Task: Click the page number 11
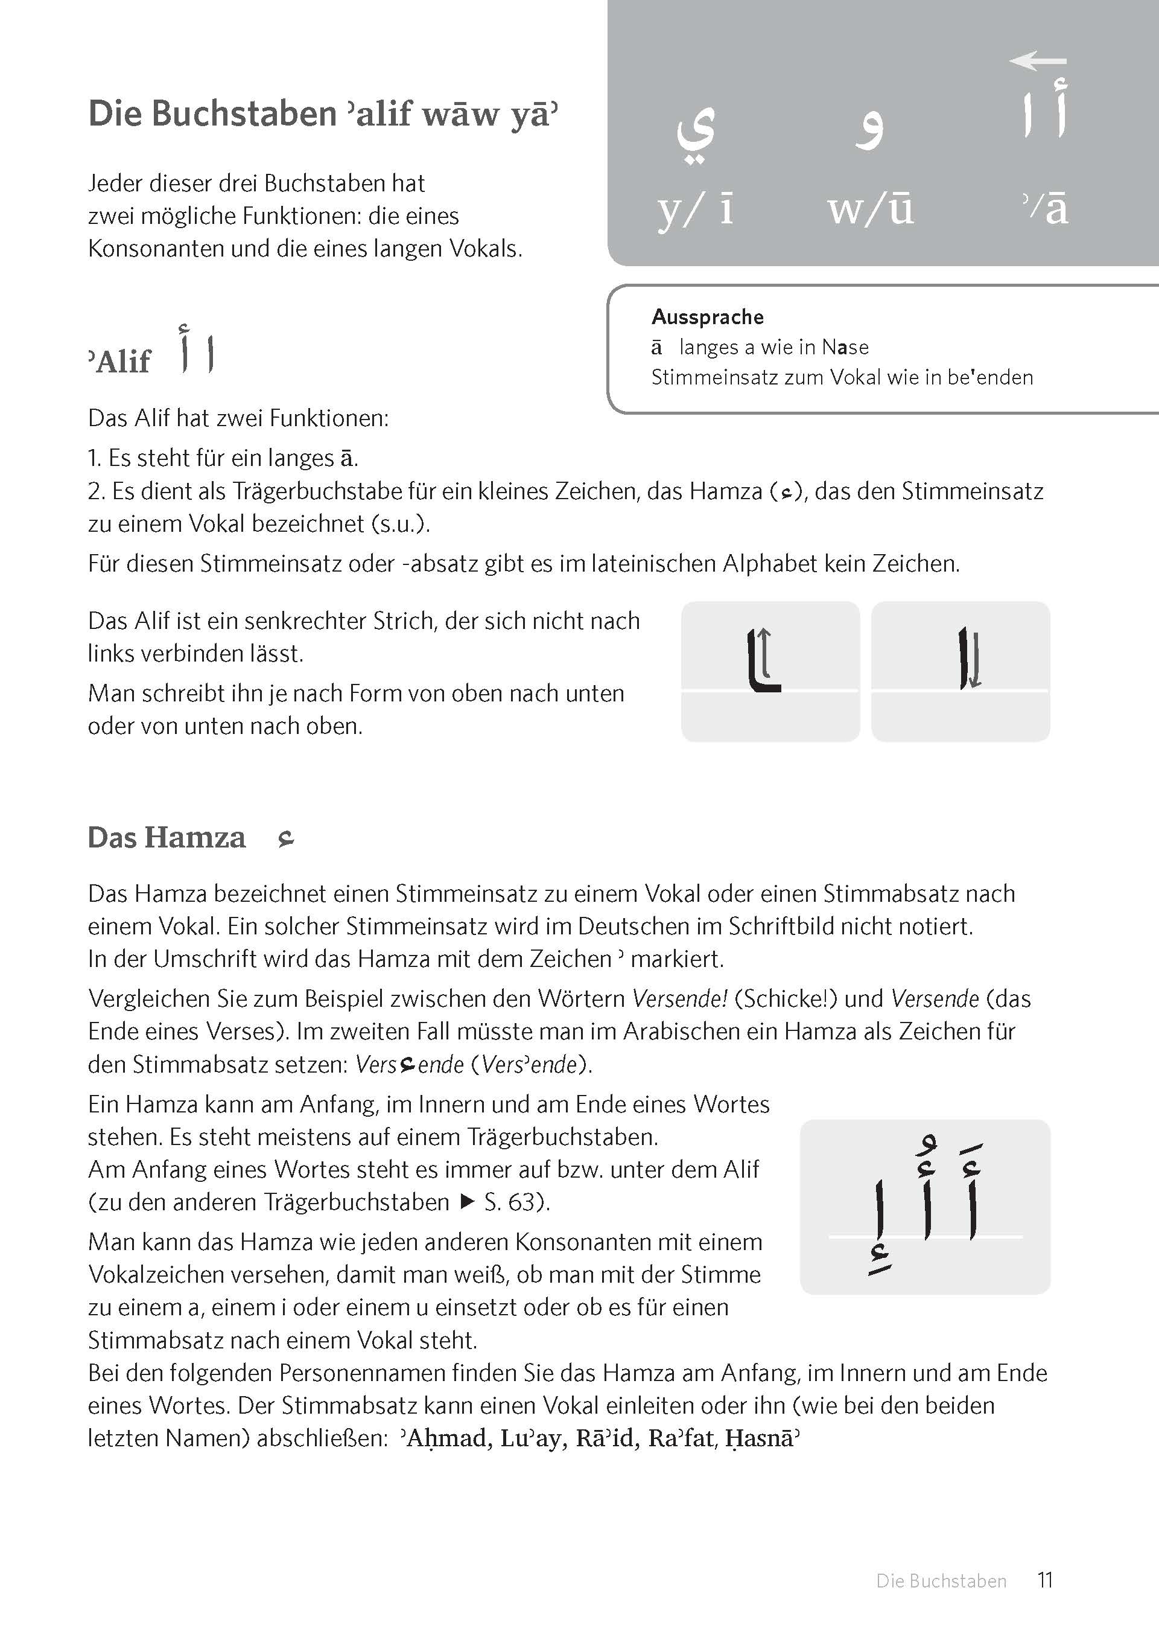pos(1046,1580)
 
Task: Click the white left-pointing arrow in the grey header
pos(1038,62)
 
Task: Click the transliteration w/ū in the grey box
pos(871,209)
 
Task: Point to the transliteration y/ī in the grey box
pos(696,211)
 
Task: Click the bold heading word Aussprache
pos(707,317)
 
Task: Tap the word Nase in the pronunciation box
pos(845,348)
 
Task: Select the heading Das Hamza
pos(167,838)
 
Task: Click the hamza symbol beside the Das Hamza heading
pos(286,840)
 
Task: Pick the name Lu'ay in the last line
pos(531,1438)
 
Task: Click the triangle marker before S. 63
pos(468,1202)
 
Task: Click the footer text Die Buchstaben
pos(941,1581)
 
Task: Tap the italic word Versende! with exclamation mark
pos(679,999)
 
